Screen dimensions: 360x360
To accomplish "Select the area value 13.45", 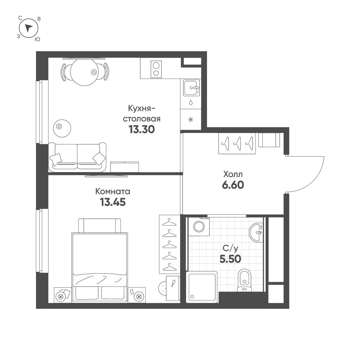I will coord(112,202).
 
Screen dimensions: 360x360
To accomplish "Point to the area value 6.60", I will coord(233,185).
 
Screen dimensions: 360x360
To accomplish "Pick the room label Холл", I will coord(233,174).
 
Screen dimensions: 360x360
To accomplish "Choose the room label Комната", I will coord(112,191).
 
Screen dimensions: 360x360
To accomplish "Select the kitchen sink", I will coord(191,87).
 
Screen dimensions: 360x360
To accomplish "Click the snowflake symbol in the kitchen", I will coord(191,120).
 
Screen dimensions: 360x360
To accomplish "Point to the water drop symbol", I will coord(191,103).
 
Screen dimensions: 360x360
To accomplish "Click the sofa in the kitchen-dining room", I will coord(77,157).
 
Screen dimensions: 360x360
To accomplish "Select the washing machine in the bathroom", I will coord(198,226).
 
